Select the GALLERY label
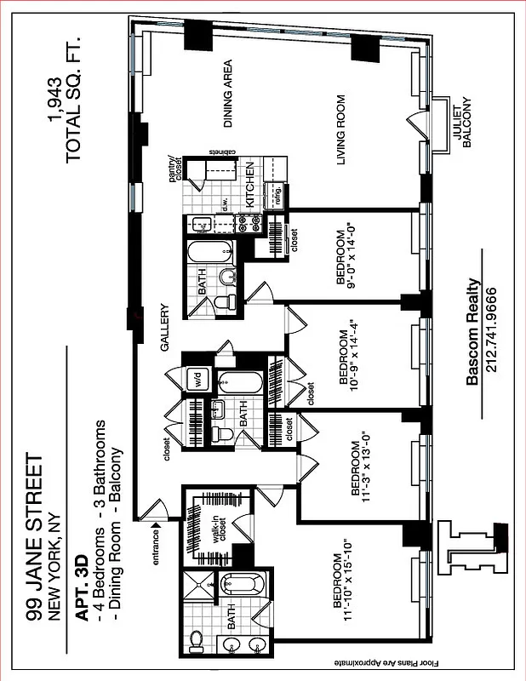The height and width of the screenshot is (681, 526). pyautogui.click(x=166, y=328)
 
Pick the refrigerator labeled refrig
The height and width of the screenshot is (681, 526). pyautogui.click(x=277, y=195)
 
